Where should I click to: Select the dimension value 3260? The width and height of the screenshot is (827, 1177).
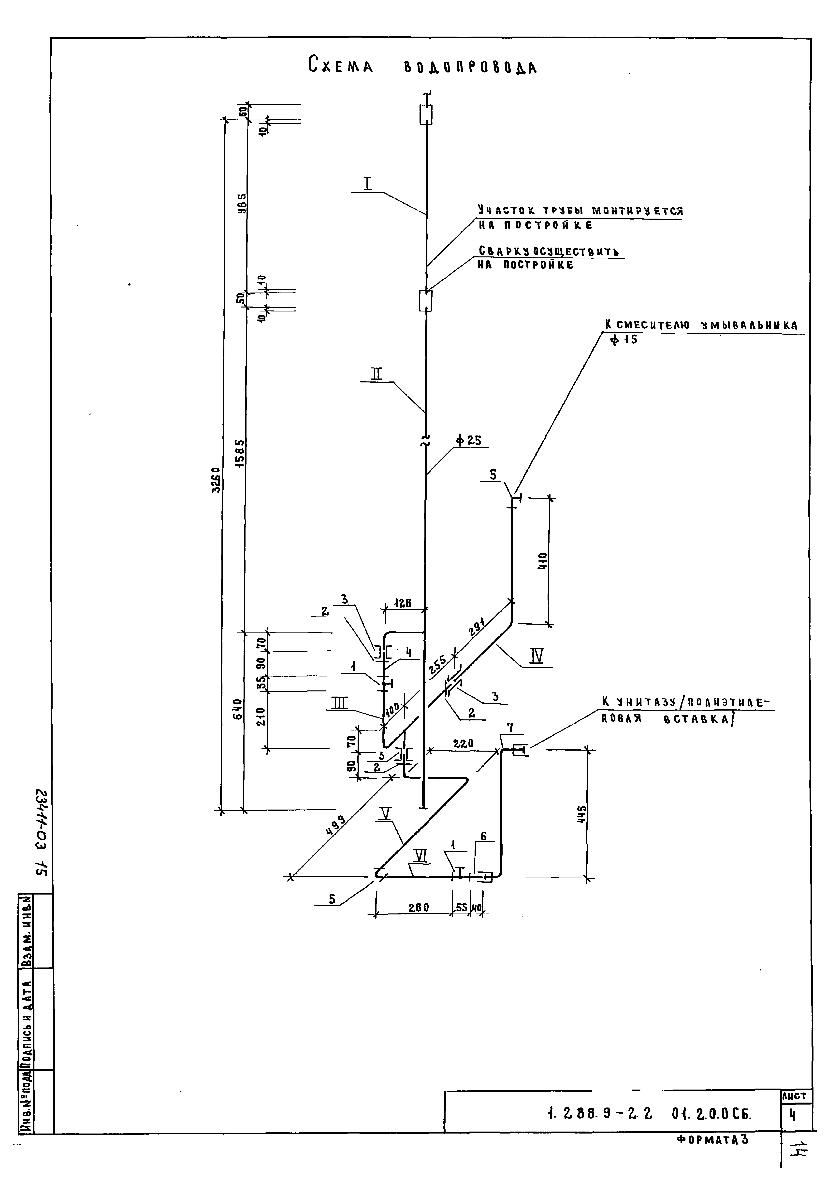click(217, 479)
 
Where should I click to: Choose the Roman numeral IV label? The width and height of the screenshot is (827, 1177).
click(536, 656)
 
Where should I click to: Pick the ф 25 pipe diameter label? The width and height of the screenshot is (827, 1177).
click(467, 440)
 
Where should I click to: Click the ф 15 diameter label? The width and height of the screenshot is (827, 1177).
click(624, 339)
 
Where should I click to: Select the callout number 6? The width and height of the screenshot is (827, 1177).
click(483, 837)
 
